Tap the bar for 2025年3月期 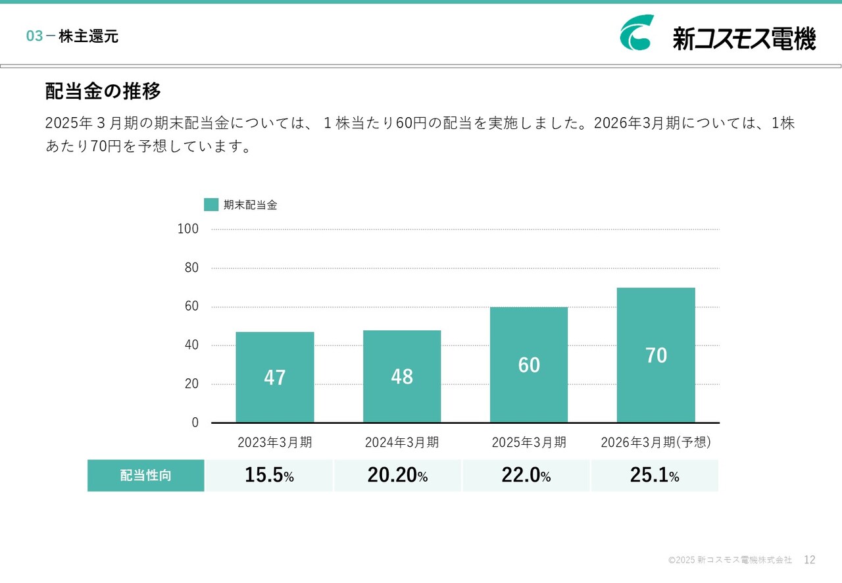529,365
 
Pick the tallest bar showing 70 656,355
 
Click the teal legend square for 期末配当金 211,205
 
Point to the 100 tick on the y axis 188,229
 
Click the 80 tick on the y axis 191,268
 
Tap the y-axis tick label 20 191,384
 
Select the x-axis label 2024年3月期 402,442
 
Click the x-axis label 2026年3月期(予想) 656,442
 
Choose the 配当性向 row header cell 146,476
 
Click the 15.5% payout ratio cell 270,476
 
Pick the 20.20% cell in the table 398,476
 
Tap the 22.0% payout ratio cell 526,476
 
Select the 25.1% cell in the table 655,476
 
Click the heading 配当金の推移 103,91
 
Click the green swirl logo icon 637,33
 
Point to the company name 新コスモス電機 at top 744,38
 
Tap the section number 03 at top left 34,37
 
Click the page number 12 810,560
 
